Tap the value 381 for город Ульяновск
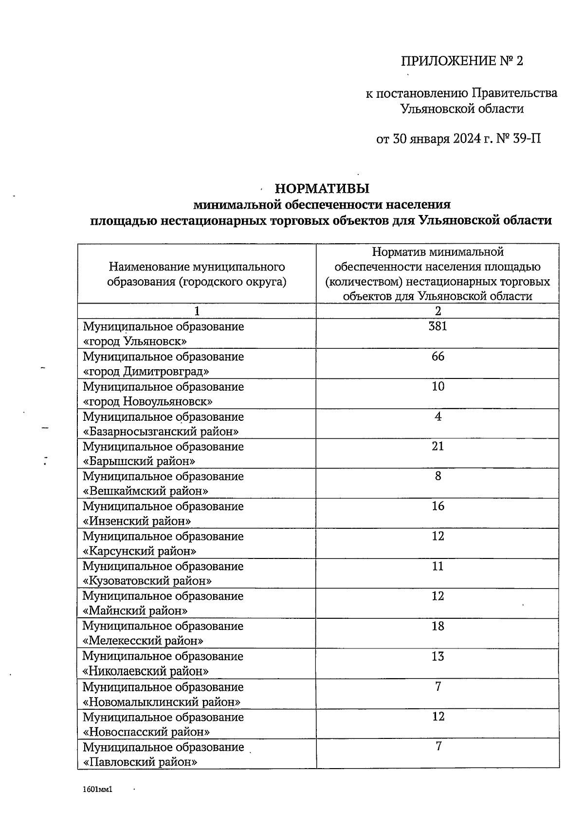[438, 326]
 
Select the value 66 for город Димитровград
[438, 357]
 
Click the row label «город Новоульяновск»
[148, 402]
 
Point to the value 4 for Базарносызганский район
[438, 416]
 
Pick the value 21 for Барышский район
[438, 446]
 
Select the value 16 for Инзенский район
[438, 506]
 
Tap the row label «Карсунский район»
[140, 551]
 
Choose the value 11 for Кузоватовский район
[438, 566]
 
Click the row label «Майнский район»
[136, 611]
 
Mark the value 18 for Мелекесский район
[438, 626]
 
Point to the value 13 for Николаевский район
[438, 657]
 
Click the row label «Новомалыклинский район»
[162, 702]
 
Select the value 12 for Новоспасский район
[438, 717]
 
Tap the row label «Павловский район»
[140, 762]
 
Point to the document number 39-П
[527, 140]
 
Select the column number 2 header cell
[438, 311]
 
